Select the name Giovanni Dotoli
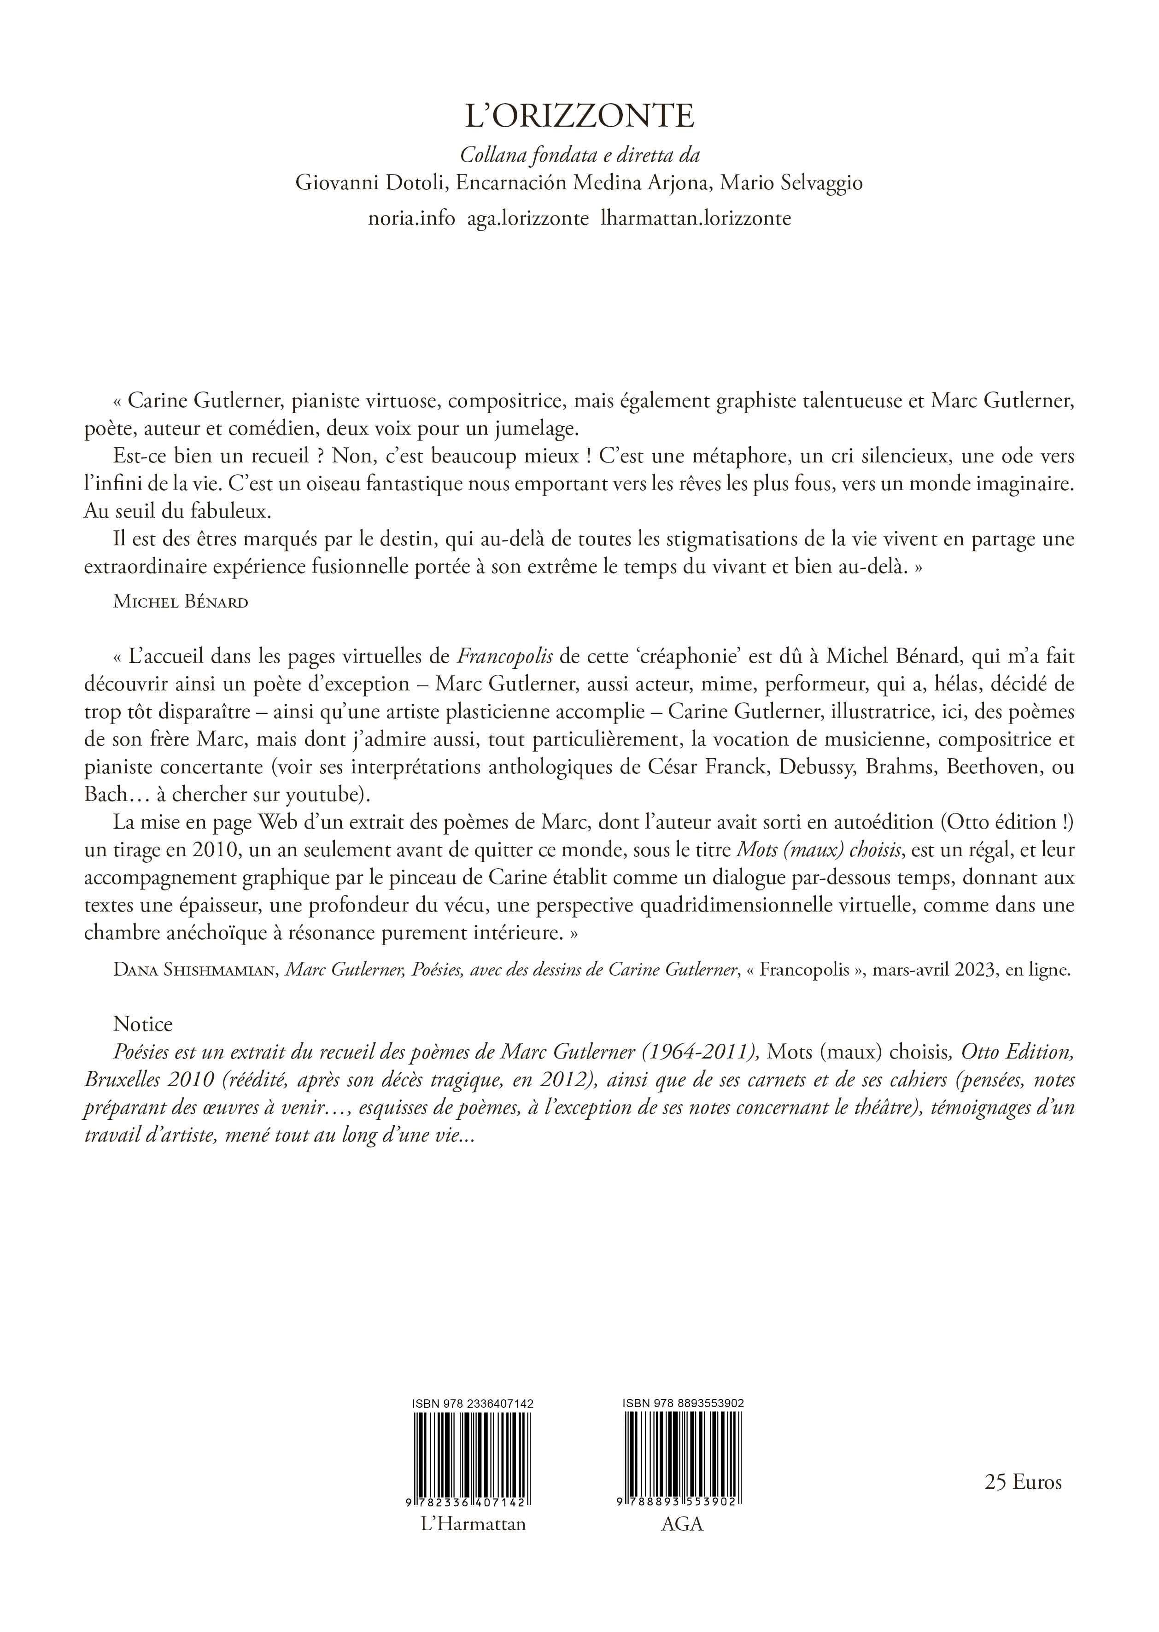[372, 183]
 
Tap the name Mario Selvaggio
[791, 183]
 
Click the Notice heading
[143, 1024]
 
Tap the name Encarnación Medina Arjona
[582, 183]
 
